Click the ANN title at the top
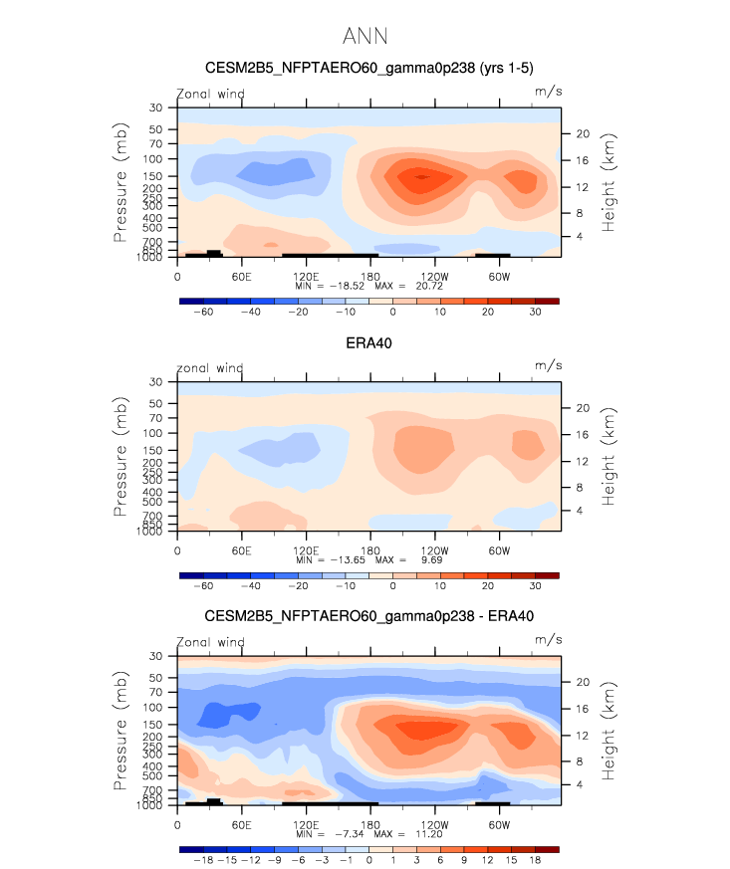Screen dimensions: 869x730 pos(365,37)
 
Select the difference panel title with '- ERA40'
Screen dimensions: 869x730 pos(368,616)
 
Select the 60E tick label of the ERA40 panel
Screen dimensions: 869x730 pos(240,549)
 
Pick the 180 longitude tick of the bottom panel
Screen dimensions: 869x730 pos(369,824)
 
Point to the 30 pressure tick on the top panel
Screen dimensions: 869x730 pos(156,108)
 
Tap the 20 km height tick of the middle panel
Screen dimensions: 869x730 pos(584,407)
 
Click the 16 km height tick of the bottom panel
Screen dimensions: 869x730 pos(584,709)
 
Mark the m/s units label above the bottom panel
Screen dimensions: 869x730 pos(548,642)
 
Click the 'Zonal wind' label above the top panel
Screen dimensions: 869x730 pos(210,94)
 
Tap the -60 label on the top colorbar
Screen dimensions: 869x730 pos(203,312)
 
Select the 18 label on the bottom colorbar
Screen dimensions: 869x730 pos(535,860)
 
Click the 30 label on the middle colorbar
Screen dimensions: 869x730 pos(535,586)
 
